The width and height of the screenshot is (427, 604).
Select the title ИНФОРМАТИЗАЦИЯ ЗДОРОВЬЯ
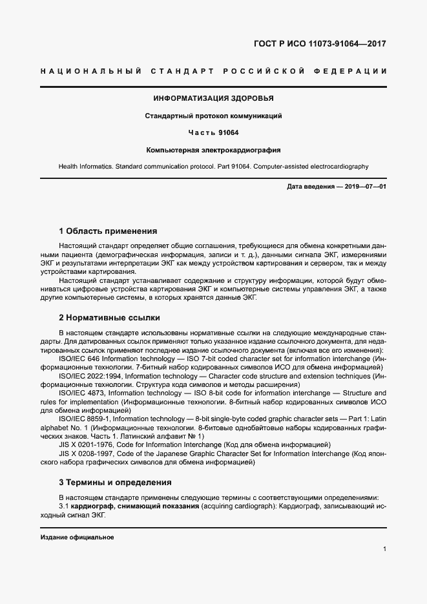[x=213, y=99]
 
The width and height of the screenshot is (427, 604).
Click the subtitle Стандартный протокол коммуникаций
[x=213, y=116]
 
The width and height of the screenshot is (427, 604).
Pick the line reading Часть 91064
[x=213, y=133]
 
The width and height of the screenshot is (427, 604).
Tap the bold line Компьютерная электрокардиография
[x=213, y=150]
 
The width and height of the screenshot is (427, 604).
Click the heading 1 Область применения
[x=108, y=231]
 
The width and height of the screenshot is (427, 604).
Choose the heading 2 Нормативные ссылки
[x=109, y=318]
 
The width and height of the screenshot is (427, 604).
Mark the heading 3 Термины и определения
[x=115, y=482]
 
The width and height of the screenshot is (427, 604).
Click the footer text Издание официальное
[x=77, y=537]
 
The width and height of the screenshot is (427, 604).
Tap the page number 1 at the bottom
[x=384, y=549]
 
